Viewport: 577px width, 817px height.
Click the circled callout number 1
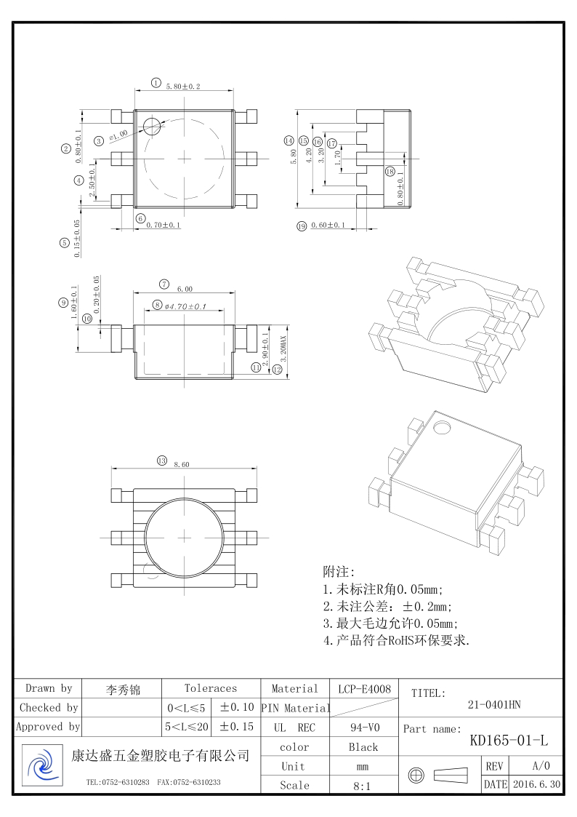pos(156,83)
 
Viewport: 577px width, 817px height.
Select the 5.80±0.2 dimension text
pos(183,87)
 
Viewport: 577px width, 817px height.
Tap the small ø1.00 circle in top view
pos(152,126)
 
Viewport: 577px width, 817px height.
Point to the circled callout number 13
pos(162,461)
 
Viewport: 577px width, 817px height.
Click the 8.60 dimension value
pos(182,464)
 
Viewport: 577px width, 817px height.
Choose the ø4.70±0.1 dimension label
pos(185,306)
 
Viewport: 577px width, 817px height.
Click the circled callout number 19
pos(302,226)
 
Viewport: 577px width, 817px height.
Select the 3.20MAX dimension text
pos(283,354)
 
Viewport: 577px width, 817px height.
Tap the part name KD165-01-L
pos(509,741)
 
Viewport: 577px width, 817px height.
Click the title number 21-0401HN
pos(494,704)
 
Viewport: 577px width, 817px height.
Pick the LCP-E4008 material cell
pos(364,688)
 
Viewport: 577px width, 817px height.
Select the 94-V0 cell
pos(363,727)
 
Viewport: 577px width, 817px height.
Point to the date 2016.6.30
pos(536,785)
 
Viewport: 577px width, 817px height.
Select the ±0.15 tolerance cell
pos(236,727)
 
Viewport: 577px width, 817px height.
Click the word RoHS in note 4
pos(387,641)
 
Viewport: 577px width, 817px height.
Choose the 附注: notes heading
pos(339,572)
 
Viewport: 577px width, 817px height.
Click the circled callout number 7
pos(164,284)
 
